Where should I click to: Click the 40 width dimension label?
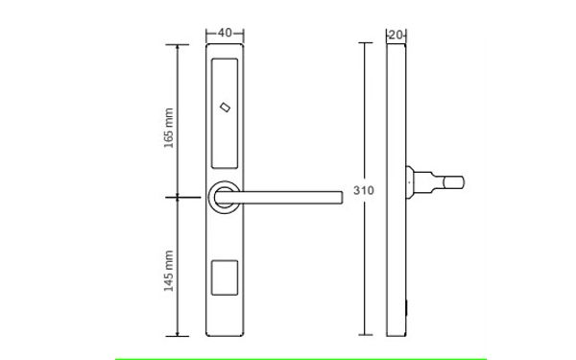(225, 33)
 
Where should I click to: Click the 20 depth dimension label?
(396, 36)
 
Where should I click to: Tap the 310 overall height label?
(364, 190)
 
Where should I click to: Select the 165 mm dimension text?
(169, 128)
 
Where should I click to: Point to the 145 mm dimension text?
(169, 271)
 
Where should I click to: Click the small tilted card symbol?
(225, 108)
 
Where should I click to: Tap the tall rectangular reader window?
(225, 113)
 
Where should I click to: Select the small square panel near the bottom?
(225, 277)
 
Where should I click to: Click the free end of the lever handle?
(342, 197)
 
